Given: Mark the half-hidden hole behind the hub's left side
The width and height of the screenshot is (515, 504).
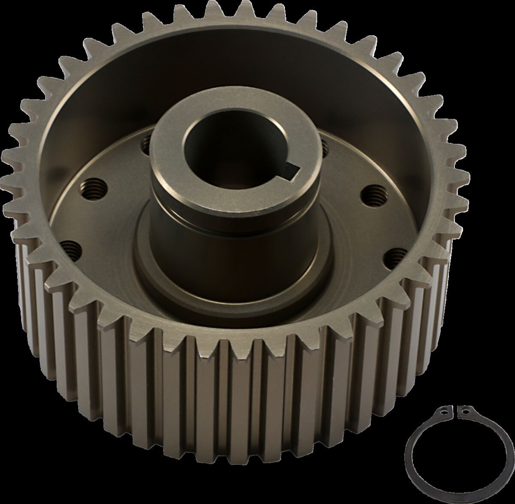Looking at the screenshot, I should coord(145,141).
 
